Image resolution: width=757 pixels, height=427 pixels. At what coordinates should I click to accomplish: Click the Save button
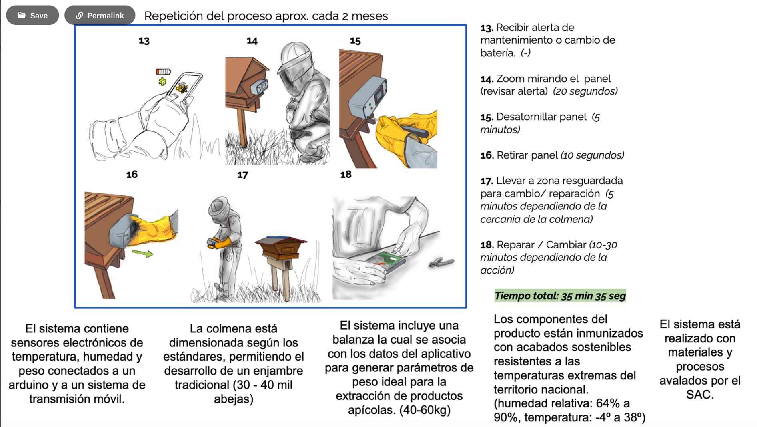pos(32,15)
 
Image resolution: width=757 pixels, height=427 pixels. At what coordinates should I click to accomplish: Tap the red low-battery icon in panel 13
pos(163,72)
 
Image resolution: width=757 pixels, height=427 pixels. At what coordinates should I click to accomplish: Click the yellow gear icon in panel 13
pos(162,82)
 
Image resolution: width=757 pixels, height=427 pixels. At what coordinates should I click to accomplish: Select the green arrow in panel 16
pos(142,253)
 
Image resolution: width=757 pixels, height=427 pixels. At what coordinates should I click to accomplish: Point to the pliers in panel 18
pos(441,262)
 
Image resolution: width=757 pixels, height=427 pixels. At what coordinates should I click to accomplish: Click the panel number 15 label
pos(355,41)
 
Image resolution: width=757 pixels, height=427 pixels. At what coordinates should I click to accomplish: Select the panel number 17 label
pos(242,175)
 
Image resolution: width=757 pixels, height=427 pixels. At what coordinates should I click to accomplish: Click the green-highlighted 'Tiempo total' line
pos(560,296)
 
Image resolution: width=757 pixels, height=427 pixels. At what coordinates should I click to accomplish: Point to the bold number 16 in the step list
pos(487,155)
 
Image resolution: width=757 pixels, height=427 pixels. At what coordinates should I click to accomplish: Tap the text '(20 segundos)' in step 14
pos(585,91)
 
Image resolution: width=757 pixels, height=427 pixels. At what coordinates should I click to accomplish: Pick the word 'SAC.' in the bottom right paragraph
pos(700,395)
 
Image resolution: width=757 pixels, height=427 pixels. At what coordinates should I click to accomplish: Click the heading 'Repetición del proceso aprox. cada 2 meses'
pos(266,16)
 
